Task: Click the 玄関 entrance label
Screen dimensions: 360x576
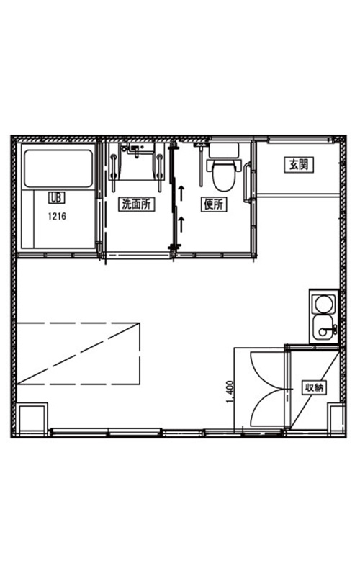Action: pyautogui.click(x=299, y=165)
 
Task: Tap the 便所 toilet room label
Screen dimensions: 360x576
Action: pyautogui.click(x=213, y=204)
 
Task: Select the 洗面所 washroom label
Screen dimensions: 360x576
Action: pyautogui.click(x=136, y=204)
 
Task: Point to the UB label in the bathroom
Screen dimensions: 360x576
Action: pyautogui.click(x=56, y=199)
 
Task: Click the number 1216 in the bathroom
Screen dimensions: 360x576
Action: pyautogui.click(x=58, y=216)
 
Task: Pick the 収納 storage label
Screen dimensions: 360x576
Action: pyautogui.click(x=315, y=387)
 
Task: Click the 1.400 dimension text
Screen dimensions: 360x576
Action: pyautogui.click(x=230, y=392)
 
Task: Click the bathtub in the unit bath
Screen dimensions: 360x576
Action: pyautogui.click(x=58, y=168)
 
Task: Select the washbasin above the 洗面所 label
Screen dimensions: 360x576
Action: pyautogui.click(x=137, y=161)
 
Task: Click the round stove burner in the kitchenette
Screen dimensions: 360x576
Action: pyautogui.click(x=323, y=304)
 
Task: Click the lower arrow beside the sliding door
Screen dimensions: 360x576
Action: pyautogui.click(x=181, y=225)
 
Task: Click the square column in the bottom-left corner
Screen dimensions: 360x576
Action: pyautogui.click(x=32, y=420)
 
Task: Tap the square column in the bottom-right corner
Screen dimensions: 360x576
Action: pyautogui.click(x=336, y=420)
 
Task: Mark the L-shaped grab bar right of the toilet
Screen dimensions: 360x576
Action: pyautogui.click(x=247, y=184)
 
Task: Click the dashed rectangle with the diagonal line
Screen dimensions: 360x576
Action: pyautogui.click(x=78, y=354)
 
